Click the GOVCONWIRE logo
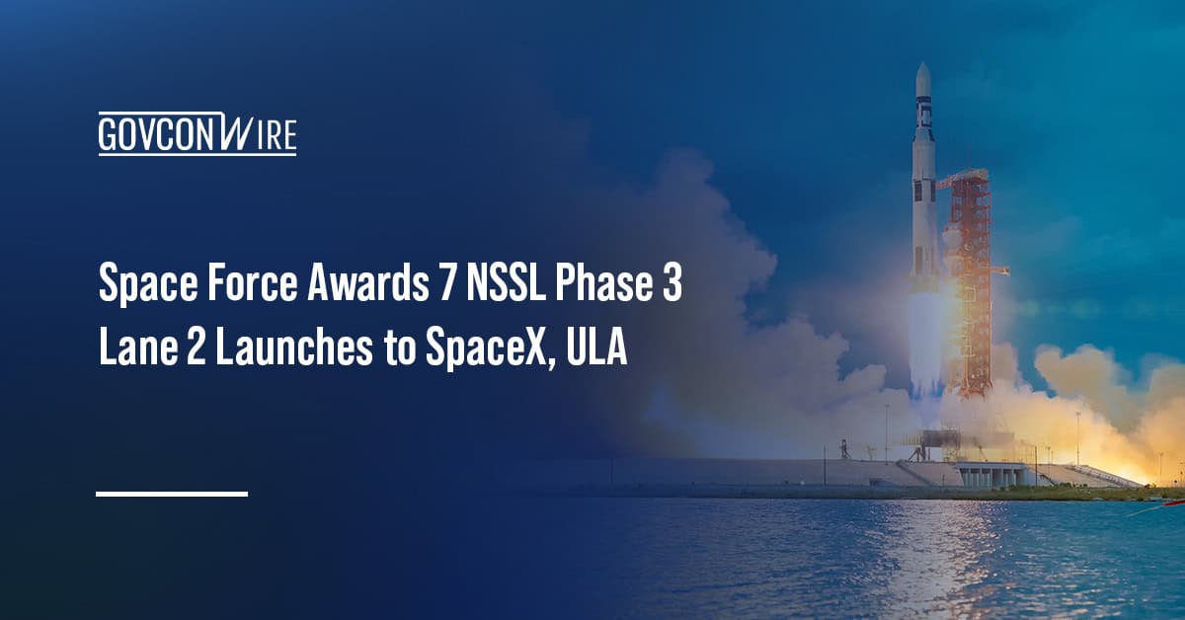(x=197, y=133)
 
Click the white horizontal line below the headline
(x=172, y=492)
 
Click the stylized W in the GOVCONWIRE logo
(x=226, y=133)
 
